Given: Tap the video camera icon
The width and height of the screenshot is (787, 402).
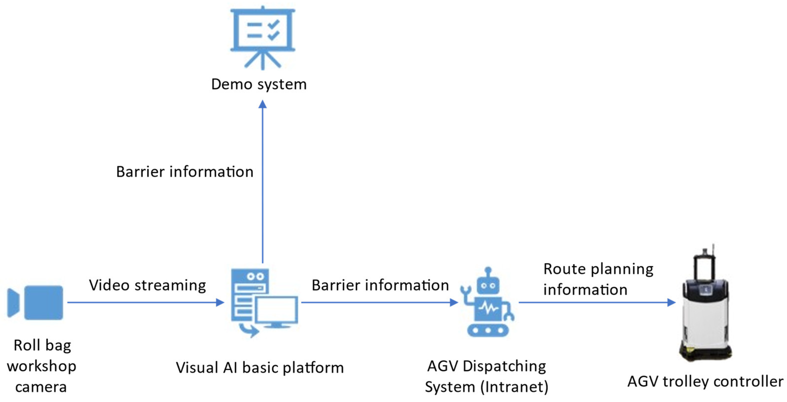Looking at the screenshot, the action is [35, 302].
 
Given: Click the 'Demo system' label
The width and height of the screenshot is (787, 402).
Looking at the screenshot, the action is [259, 84].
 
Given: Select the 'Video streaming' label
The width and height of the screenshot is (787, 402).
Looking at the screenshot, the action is [148, 285].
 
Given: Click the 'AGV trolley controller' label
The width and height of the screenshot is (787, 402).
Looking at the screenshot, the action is [705, 381].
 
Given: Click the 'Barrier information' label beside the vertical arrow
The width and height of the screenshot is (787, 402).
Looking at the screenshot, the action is [185, 171].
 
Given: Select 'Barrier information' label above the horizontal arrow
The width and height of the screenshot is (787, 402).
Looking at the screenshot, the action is [380, 285].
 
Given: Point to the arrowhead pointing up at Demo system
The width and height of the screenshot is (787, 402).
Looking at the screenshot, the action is [262, 104].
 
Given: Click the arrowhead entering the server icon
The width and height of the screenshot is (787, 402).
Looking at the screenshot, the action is [220, 302].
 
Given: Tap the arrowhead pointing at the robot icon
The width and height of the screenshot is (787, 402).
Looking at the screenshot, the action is [454, 302].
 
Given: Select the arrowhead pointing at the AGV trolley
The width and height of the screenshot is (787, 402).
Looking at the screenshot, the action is [671, 302].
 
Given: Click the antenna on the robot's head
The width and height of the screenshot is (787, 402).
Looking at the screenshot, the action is [488, 272].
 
